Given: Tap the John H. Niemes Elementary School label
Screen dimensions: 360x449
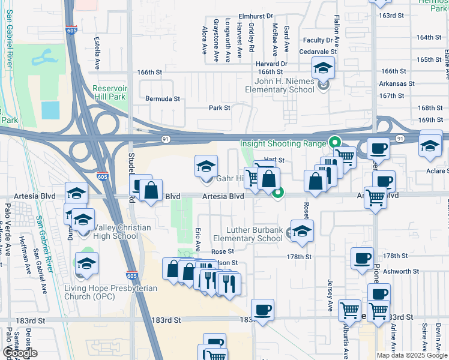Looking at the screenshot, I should [279, 85].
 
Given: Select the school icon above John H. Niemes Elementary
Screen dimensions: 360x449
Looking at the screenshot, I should [323, 70].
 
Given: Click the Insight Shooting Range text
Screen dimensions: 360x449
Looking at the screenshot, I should [283, 143].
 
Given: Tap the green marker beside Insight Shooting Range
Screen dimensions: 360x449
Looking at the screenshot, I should [334, 143].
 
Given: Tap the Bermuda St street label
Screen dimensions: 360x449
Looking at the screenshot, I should [163, 98].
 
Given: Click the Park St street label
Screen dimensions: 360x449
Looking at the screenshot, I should [219, 108].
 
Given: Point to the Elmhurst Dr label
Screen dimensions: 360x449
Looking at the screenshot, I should [256, 16].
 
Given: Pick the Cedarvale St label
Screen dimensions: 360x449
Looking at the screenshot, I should [318, 52].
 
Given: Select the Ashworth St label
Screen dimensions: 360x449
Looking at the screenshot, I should [400, 271].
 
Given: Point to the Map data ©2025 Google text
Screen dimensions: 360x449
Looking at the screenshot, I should [411, 355].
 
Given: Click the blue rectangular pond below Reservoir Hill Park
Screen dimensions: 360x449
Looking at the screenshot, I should [50, 110].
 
